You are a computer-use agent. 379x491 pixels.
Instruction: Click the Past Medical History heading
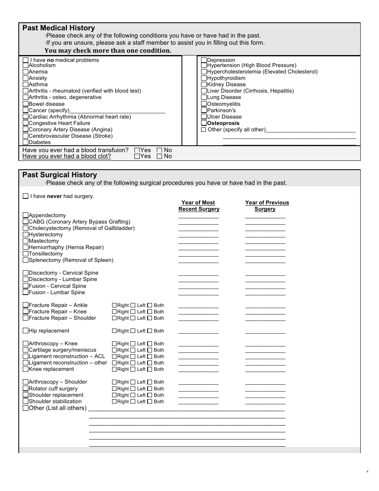[59, 28]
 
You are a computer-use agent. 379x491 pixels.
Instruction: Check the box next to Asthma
[26, 85]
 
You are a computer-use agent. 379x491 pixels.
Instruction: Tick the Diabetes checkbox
[26, 142]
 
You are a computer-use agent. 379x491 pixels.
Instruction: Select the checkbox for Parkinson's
[204, 110]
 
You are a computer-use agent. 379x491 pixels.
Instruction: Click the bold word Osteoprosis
[223, 123]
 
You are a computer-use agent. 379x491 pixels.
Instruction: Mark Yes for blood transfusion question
[137, 150]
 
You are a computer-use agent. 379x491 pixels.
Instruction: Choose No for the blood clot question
[160, 156]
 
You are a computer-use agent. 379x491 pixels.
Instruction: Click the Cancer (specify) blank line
[117, 111]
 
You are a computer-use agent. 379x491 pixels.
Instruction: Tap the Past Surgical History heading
[59, 175]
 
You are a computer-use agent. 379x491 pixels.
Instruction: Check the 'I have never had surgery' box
[26, 196]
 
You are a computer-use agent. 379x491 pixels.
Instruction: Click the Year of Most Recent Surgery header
[198, 206]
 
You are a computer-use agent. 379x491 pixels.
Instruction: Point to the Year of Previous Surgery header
[266, 206]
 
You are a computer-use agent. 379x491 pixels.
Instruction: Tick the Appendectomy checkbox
[26, 215]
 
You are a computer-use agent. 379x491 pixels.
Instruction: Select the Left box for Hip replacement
[133, 331]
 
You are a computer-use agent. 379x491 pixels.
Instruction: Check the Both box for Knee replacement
[150, 369]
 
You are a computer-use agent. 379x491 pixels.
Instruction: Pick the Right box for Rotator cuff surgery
[114, 389]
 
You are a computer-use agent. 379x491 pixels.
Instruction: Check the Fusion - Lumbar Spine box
[26, 293]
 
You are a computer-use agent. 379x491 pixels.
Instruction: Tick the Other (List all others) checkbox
[26, 408]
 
